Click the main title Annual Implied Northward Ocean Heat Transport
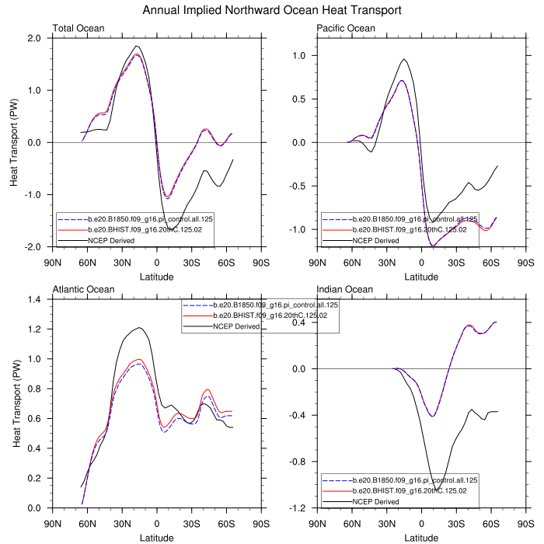click(272, 10)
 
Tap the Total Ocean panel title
click(78, 29)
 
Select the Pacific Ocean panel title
click(346, 29)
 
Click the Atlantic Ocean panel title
click(84, 290)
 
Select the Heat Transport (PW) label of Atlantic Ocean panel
click(16, 403)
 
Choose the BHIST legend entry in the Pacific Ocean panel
click(408, 230)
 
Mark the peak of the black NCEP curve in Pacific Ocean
click(403, 59)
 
